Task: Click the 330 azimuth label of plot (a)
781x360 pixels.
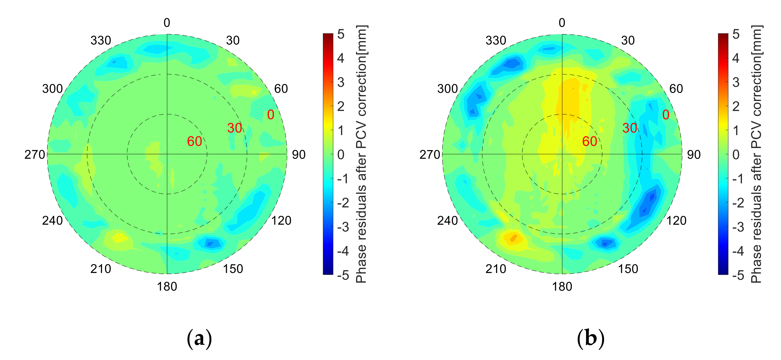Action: pyautogui.click(x=101, y=40)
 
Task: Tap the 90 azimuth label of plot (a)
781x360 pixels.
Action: pyautogui.click(x=299, y=155)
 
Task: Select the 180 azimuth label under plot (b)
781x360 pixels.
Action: pyautogui.click(x=562, y=287)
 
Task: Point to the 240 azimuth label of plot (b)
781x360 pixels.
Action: pyautogui.click(x=447, y=220)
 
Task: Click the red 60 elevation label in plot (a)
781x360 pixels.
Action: pyautogui.click(x=194, y=141)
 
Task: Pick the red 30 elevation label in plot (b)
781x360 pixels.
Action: pyautogui.click(x=630, y=128)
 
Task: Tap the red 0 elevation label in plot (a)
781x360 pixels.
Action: pyautogui.click(x=271, y=115)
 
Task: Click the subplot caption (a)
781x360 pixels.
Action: pyautogui.click(x=199, y=338)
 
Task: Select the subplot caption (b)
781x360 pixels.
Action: pyautogui.click(x=590, y=338)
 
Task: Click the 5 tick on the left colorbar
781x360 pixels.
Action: pyautogui.click(x=341, y=34)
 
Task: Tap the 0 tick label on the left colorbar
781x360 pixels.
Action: pyautogui.click(x=341, y=155)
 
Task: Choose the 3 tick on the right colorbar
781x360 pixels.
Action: pyautogui.click(x=736, y=82)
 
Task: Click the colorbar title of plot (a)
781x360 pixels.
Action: pyautogui.click(x=361, y=154)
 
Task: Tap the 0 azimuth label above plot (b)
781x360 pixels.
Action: pyautogui.click(x=562, y=23)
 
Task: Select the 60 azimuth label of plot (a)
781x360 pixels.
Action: pyautogui.click(x=281, y=89)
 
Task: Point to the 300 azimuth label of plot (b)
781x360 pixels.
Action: pyautogui.click(x=447, y=89)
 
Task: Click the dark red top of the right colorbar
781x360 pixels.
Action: pyautogui.click(x=723, y=36)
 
